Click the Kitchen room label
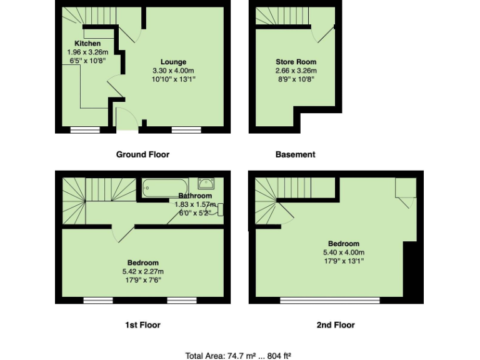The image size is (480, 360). point(87,43)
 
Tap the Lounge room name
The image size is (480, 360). point(173,62)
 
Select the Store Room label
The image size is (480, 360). point(296,62)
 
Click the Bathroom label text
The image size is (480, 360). point(194,196)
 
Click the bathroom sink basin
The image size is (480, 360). point(206,183)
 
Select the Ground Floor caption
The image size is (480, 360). point(142,154)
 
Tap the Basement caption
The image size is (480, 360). point(295,154)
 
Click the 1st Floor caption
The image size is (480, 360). point(142,325)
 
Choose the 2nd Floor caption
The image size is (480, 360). point(336,325)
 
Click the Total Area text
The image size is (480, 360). point(239,356)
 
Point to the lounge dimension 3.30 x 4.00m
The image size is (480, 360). point(173,71)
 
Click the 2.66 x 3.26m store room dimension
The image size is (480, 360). point(296,71)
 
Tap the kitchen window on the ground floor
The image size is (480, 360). point(85,130)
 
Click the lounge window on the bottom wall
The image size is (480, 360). point(186,130)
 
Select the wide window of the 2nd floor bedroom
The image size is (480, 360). point(329,301)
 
